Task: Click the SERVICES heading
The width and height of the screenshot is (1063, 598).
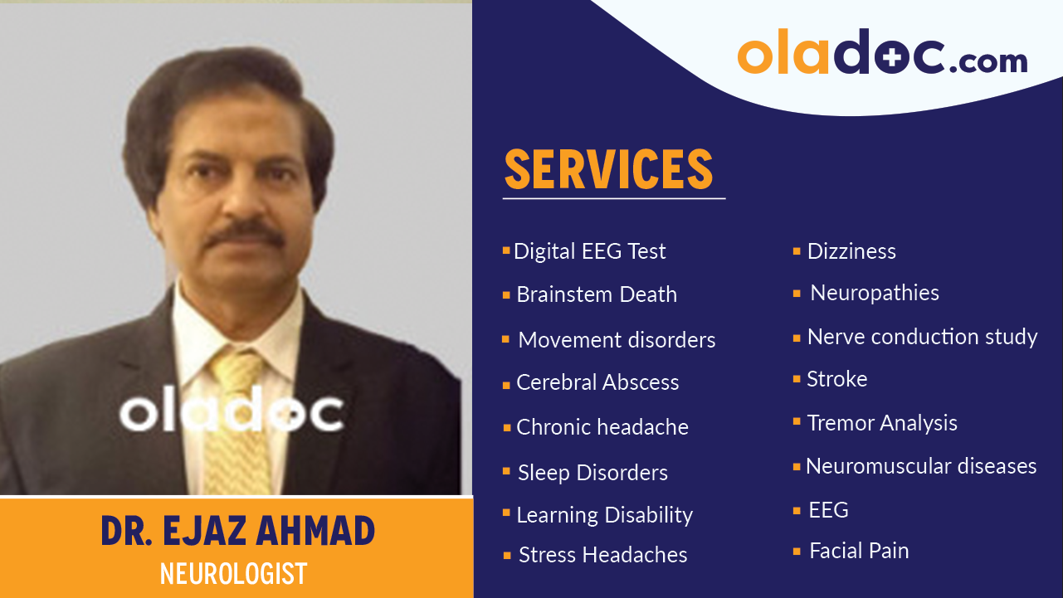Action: tap(609, 169)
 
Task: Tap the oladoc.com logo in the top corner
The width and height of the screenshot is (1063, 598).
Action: tap(882, 55)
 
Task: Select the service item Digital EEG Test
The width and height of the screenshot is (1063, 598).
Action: tap(589, 251)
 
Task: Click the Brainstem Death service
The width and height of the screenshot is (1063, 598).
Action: tap(596, 294)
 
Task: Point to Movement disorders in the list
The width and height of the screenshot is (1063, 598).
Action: tap(617, 340)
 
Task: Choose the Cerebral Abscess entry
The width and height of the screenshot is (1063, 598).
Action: tap(597, 382)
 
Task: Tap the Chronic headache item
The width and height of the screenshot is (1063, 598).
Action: tap(602, 427)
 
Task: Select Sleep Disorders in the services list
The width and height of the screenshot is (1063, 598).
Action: tap(592, 473)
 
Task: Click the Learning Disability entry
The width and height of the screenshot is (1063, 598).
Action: tap(604, 515)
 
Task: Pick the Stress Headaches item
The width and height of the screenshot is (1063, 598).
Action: tap(602, 555)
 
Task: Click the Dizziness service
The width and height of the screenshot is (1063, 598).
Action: tap(851, 251)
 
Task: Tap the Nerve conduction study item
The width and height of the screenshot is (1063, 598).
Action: tap(922, 337)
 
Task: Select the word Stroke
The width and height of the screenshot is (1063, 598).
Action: tap(836, 379)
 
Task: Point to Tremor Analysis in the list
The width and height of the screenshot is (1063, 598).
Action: tap(882, 423)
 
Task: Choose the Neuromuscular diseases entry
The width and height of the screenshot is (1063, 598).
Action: tap(921, 466)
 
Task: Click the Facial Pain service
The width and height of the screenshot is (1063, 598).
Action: tap(859, 551)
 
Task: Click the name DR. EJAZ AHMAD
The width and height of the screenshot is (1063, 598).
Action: tap(237, 532)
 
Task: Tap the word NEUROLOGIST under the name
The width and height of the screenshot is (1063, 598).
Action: tap(233, 573)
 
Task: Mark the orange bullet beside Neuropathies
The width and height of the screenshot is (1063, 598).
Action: tap(797, 294)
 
